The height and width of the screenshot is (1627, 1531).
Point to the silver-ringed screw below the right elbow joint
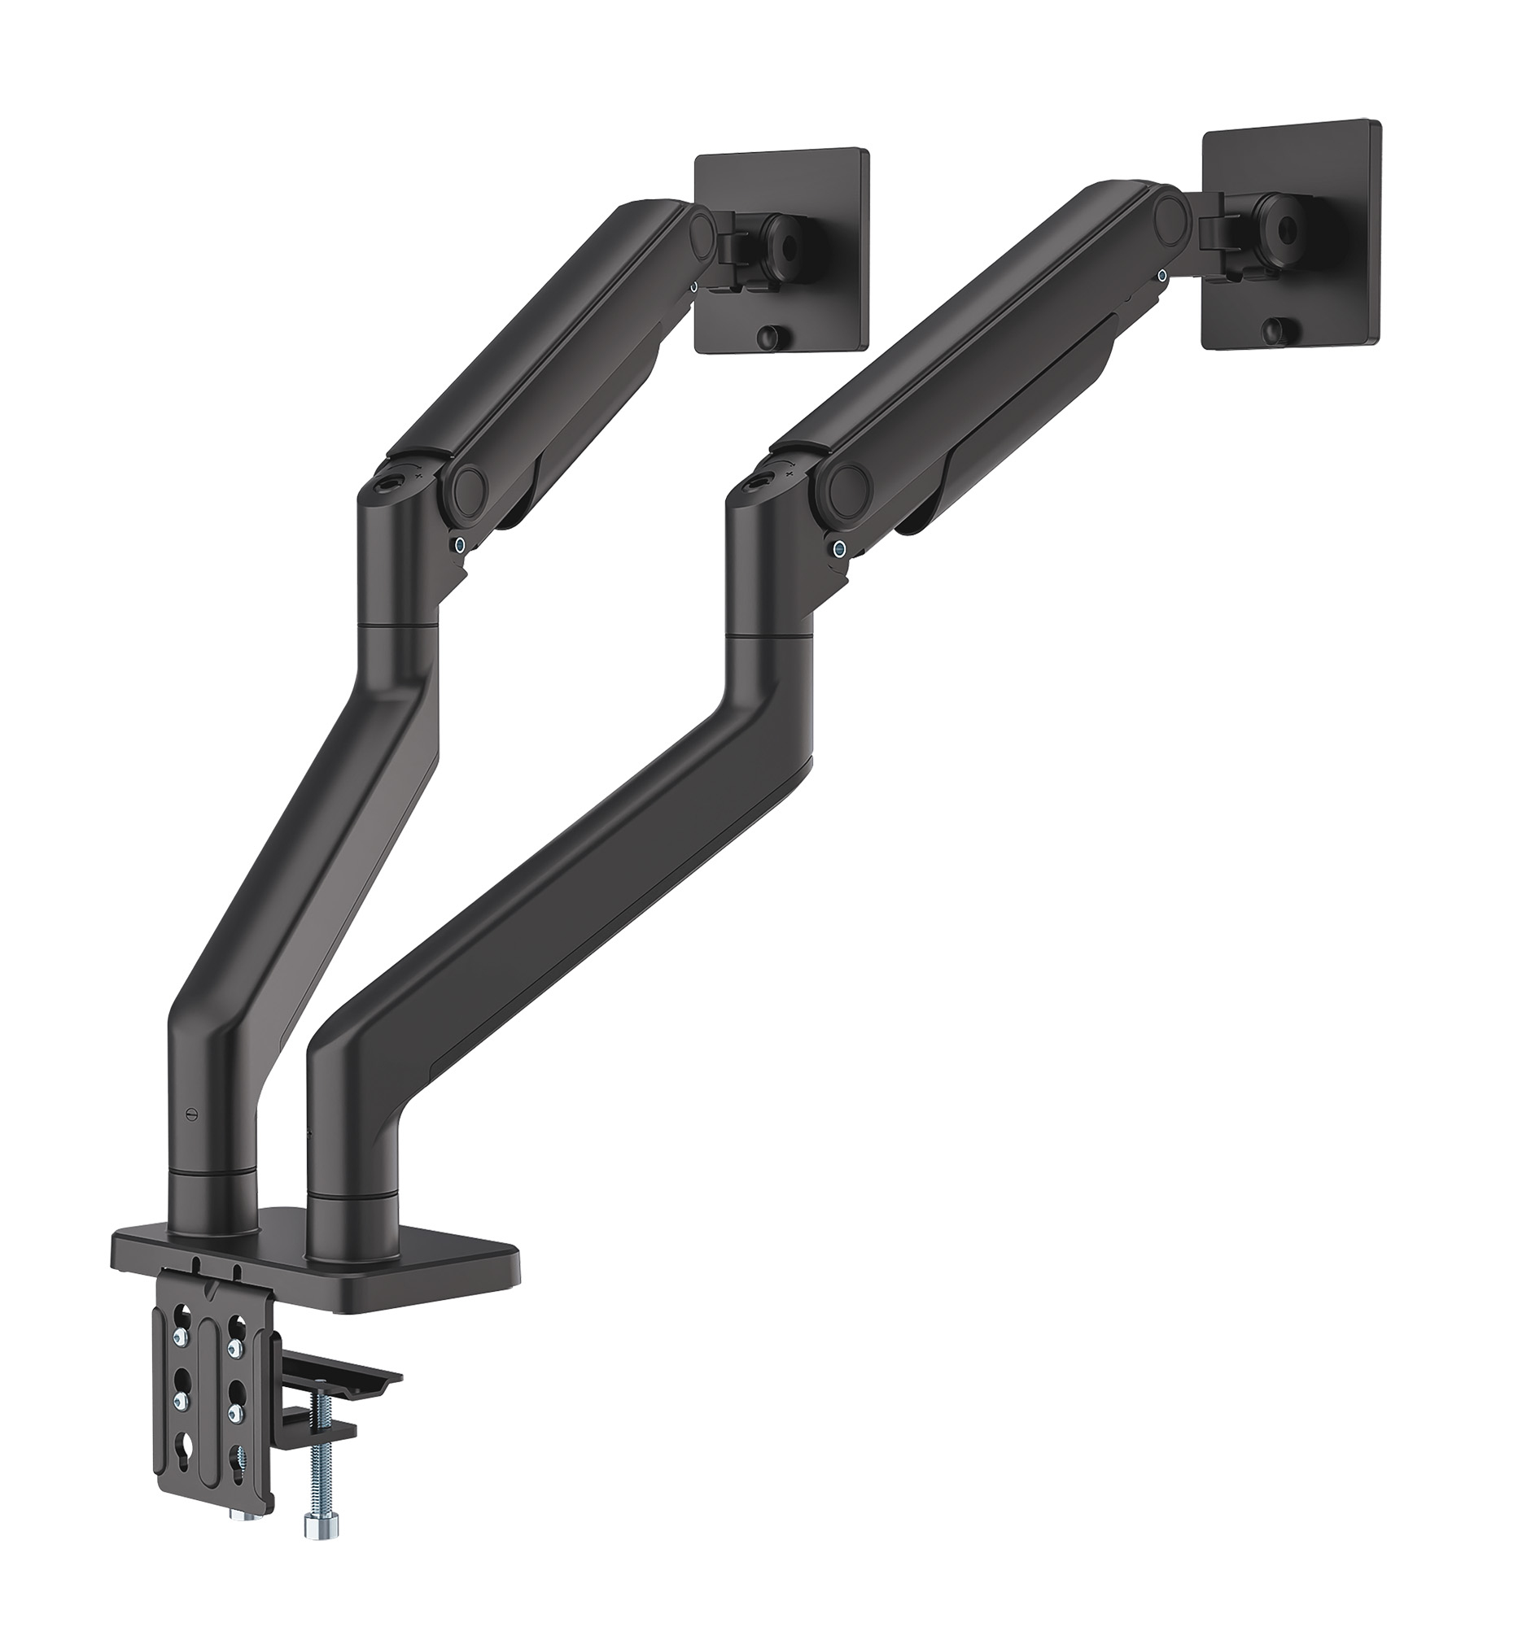coord(838,548)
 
